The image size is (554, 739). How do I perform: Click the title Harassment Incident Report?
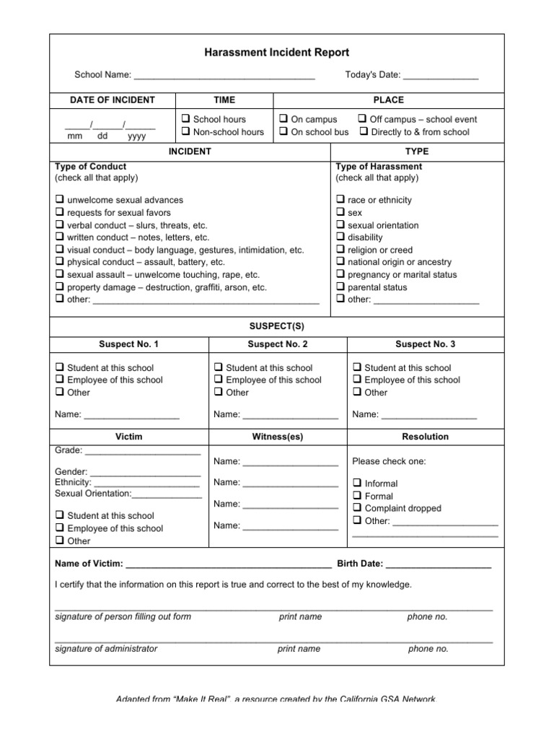(277, 53)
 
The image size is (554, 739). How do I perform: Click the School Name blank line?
(224, 76)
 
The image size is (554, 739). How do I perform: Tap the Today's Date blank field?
(440, 76)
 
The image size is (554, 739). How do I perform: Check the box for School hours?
(185, 119)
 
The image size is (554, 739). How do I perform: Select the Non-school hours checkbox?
(185, 132)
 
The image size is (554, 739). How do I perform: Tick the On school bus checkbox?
(283, 132)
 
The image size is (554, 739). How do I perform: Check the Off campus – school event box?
(364, 119)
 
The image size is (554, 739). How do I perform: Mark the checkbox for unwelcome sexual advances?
(59, 200)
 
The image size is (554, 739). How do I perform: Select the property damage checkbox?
(59, 287)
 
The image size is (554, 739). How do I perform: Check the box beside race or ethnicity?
(340, 200)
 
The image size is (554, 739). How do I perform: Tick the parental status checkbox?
(340, 287)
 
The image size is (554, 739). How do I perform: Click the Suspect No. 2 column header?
(278, 345)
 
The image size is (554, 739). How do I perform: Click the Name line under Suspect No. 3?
(428, 416)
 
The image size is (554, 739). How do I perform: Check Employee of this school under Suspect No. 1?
(59, 380)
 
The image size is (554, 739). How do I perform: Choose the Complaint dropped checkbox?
(357, 509)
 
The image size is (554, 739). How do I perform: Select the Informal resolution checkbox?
(357, 484)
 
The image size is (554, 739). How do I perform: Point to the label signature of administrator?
(106, 649)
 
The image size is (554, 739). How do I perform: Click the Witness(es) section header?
(278, 437)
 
